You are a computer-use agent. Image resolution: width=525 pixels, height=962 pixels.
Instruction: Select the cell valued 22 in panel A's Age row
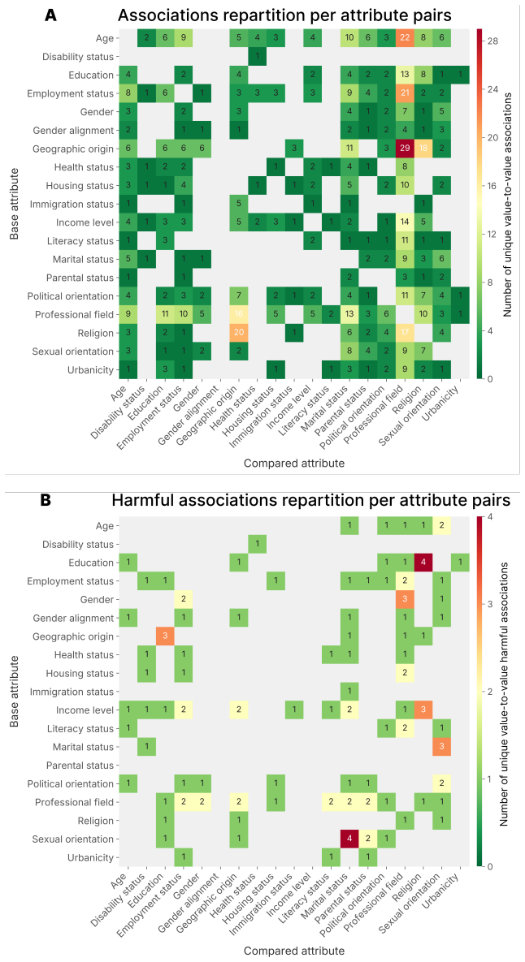point(406,38)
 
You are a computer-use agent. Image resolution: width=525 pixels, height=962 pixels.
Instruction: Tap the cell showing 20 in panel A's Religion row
point(240,333)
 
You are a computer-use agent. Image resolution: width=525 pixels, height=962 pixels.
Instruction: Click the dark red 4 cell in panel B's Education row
point(424,563)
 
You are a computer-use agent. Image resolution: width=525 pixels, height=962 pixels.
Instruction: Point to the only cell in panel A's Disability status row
point(258,57)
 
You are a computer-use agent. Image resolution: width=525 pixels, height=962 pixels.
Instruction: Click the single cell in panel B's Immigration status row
point(350,692)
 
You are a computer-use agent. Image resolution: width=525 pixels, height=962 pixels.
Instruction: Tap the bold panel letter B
point(46,501)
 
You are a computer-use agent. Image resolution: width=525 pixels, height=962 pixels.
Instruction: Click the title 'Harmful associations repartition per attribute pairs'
point(310,501)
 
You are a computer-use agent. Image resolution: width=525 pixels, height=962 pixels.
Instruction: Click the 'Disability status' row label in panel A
point(78,57)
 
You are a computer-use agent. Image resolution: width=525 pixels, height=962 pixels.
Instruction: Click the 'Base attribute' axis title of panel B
point(15,692)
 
